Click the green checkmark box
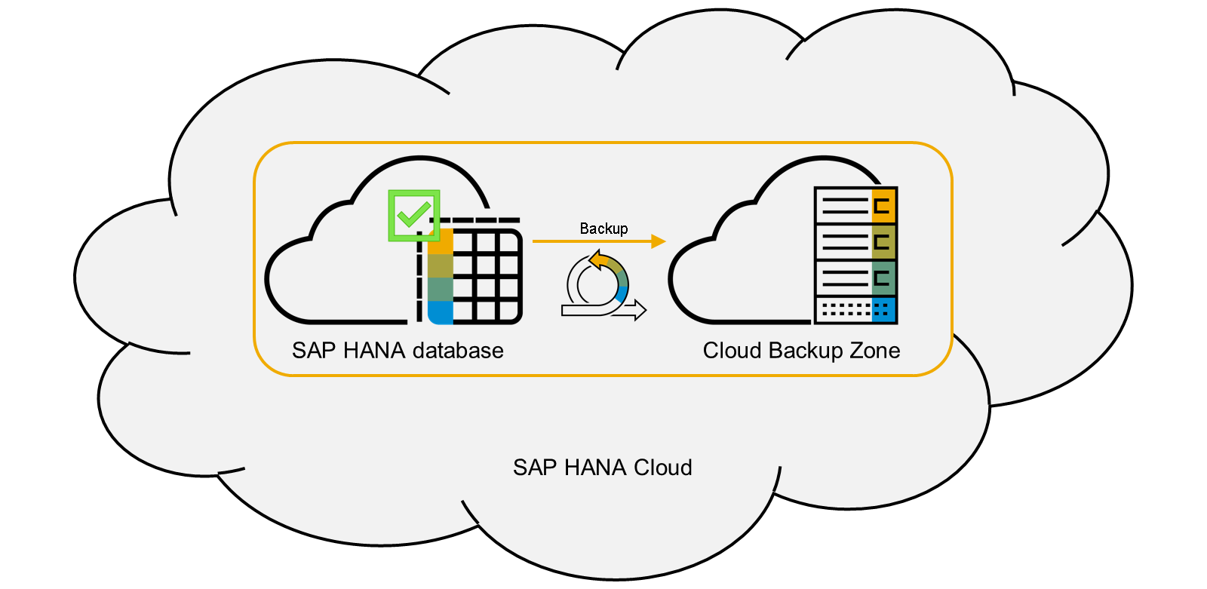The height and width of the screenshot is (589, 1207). coord(413,216)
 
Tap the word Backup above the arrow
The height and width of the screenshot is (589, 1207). coord(603,229)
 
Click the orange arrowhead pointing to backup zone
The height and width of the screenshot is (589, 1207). coord(658,241)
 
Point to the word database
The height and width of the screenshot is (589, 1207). coord(458,351)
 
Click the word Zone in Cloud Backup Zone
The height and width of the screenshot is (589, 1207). coord(875,351)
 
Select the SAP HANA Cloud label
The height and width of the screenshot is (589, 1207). coord(602,468)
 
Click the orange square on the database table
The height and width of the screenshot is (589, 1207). coord(441,242)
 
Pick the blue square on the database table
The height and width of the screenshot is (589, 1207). coord(441,312)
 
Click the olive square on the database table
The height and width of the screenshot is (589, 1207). coord(441,265)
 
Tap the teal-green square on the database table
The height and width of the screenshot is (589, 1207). coord(441,289)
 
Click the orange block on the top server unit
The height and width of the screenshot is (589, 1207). coord(883,205)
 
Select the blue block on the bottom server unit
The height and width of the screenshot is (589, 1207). coord(883,309)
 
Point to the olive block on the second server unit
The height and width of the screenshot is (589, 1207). coord(883,242)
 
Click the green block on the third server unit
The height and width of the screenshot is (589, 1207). coord(883,278)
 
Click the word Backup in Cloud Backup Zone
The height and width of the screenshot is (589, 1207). coord(806,351)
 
